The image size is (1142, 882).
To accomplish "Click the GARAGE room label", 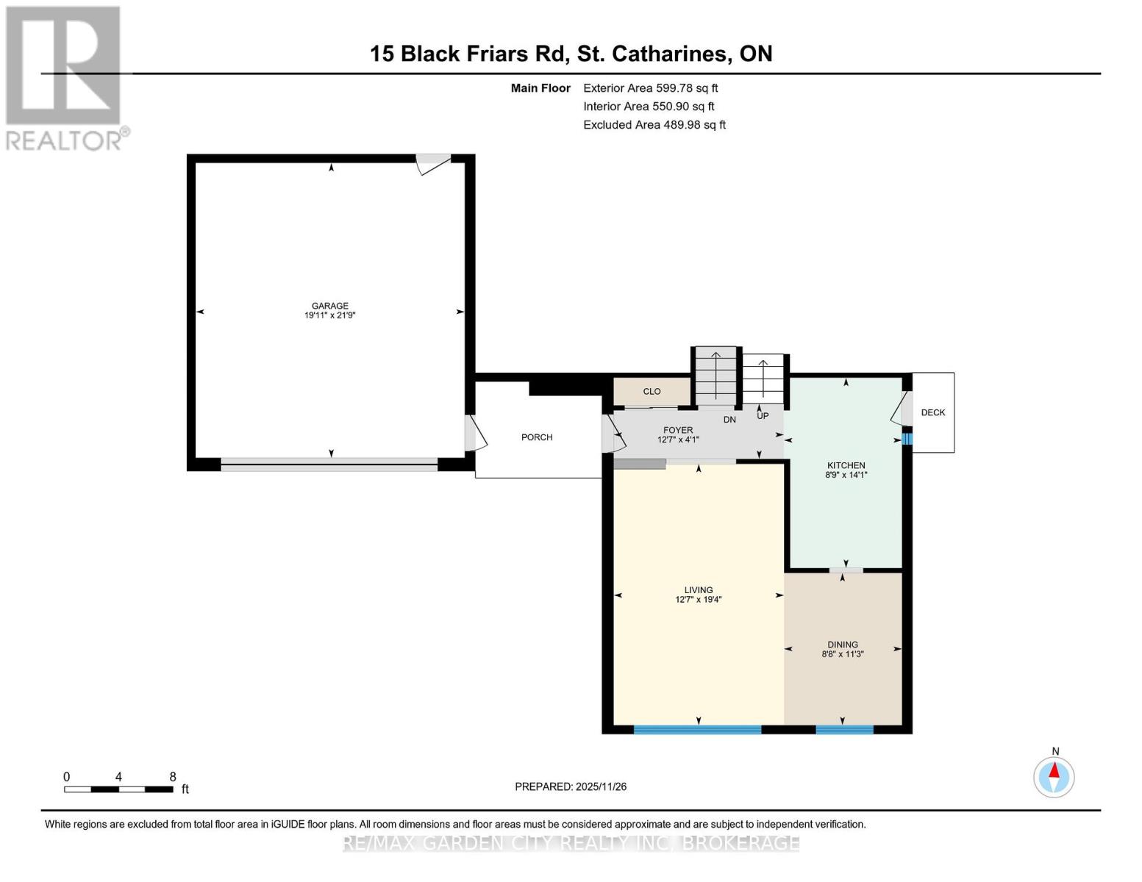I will [x=329, y=306].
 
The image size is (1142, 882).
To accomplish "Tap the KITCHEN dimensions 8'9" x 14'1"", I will [x=846, y=475].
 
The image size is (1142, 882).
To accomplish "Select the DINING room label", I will [x=843, y=645].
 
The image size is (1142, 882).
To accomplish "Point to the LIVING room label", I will [x=699, y=589].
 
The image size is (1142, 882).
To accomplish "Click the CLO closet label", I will [x=652, y=392].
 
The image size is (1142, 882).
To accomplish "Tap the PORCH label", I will [x=537, y=437].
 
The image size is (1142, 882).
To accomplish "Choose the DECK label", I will [x=932, y=412].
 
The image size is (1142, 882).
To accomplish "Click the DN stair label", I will [x=729, y=420].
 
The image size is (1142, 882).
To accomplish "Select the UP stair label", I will [x=763, y=416].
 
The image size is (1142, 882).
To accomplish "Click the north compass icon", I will [x=1054, y=776].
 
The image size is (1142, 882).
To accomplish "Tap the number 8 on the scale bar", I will [x=173, y=776].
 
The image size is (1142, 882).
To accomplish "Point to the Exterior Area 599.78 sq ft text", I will [x=650, y=87].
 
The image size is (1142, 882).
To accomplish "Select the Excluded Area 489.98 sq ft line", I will [x=654, y=124].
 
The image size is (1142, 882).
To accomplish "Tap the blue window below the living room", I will [x=697, y=729].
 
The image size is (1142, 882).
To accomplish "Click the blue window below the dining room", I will [x=844, y=729].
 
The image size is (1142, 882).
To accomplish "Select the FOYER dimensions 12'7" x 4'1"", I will [x=678, y=440].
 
